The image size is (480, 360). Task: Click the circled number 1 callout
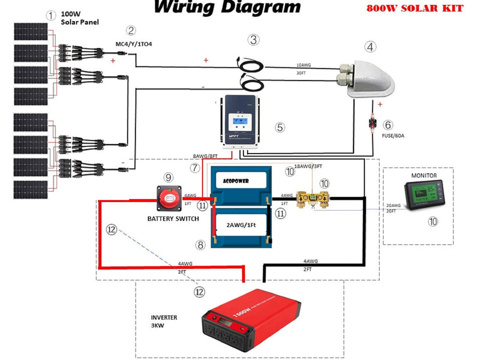point(52,16)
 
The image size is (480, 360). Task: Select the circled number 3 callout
point(254,40)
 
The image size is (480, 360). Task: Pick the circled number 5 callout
point(279,127)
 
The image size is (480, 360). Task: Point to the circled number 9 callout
point(169,177)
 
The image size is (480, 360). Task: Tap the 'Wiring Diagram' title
point(227,8)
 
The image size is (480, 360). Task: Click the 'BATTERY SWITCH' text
point(173,218)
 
